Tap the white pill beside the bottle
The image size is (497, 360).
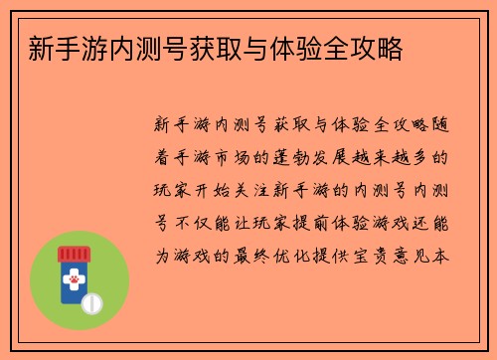pyautogui.click(x=93, y=300)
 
